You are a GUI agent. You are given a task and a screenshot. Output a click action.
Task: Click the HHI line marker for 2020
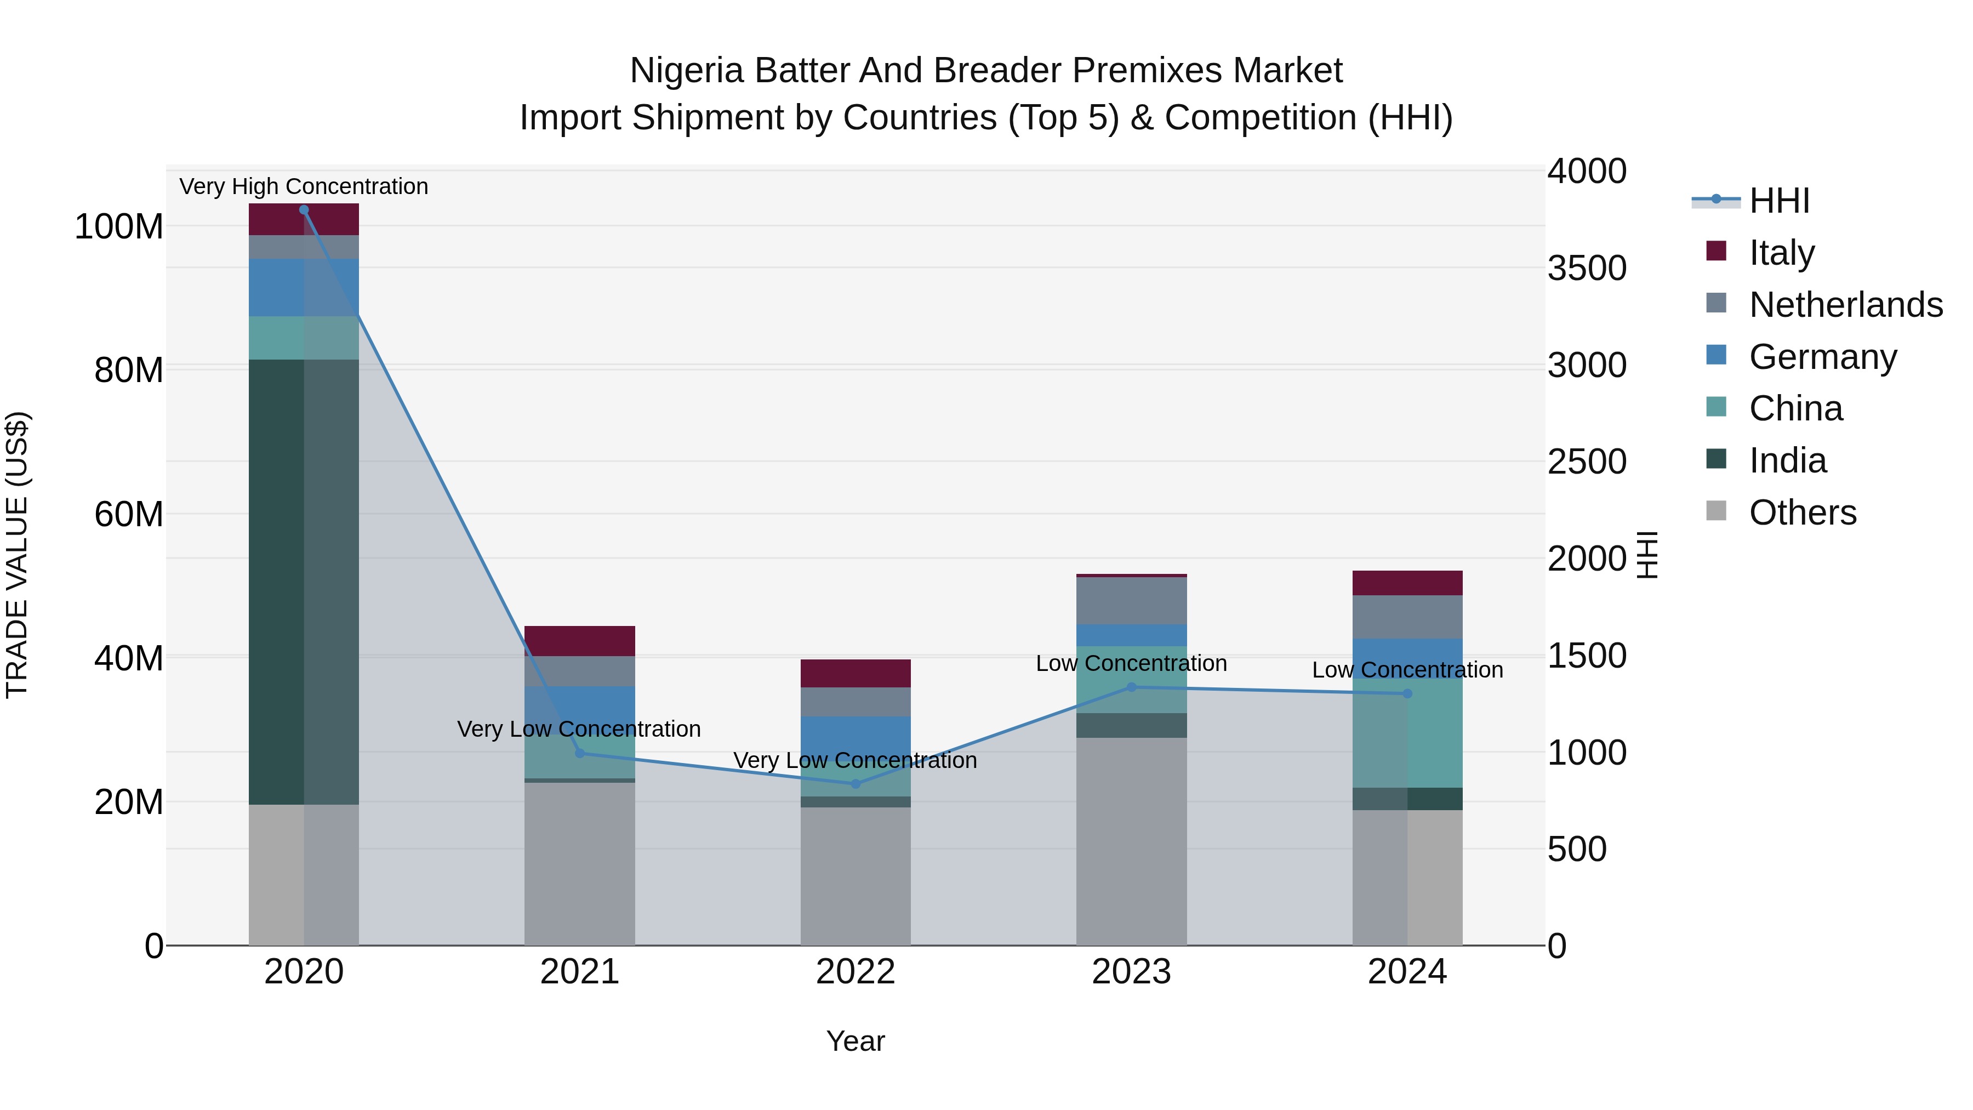pyautogui.click(x=304, y=210)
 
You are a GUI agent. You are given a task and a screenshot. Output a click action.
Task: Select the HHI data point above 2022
pyautogui.click(x=856, y=784)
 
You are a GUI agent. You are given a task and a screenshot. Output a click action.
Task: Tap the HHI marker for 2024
pyautogui.click(x=1407, y=694)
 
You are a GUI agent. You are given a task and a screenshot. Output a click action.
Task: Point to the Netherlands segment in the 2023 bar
pyautogui.click(x=1131, y=601)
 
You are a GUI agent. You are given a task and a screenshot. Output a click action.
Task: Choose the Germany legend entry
pyautogui.click(x=1823, y=357)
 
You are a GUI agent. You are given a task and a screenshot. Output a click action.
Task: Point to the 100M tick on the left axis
pyautogui.click(x=119, y=227)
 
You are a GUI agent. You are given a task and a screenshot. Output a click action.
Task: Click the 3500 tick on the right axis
pyautogui.click(x=1587, y=268)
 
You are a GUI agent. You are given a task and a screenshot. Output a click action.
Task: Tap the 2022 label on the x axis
pyautogui.click(x=856, y=972)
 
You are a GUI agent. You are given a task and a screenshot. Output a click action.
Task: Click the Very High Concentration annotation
pyautogui.click(x=304, y=186)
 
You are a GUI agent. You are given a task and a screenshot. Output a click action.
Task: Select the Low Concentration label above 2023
pyautogui.click(x=1131, y=663)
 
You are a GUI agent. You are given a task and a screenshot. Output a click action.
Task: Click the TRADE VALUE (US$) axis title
pyautogui.click(x=17, y=555)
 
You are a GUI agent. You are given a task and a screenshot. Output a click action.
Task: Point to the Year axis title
pyautogui.click(x=856, y=1041)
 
